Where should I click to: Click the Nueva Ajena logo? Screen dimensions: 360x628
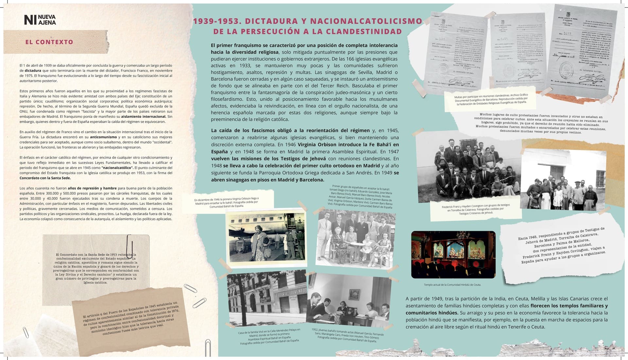click(40, 20)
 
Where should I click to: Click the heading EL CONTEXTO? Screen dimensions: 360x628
click(49, 42)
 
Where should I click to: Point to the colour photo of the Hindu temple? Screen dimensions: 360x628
click(453, 254)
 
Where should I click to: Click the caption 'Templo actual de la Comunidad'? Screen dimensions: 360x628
click(452, 285)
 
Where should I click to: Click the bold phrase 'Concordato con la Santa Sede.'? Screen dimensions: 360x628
click(45, 178)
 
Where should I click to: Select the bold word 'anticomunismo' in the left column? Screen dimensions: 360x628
click(103, 137)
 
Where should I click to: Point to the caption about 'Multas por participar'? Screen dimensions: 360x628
click(491, 98)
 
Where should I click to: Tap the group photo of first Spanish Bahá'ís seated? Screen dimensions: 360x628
click(356, 238)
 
